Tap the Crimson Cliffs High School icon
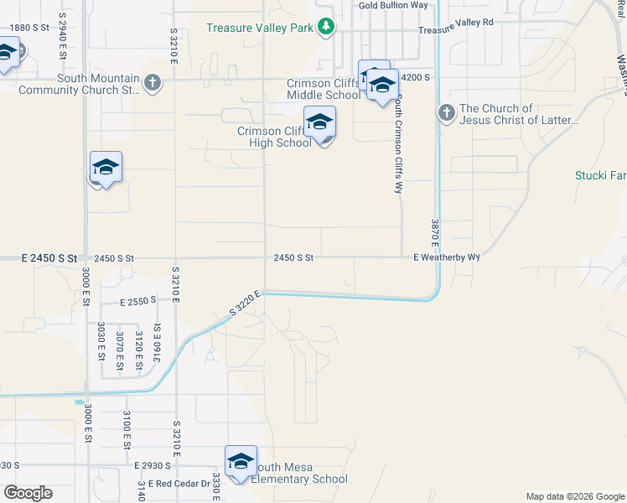click(319, 124)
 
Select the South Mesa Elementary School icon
click(241, 462)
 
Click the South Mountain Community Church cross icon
click(152, 83)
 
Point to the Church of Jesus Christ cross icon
click(446, 112)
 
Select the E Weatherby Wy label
click(446, 257)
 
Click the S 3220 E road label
click(246, 304)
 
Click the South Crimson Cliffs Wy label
click(399, 143)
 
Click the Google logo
click(28, 493)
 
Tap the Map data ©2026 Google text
click(574, 496)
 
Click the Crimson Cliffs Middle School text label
click(324, 89)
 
